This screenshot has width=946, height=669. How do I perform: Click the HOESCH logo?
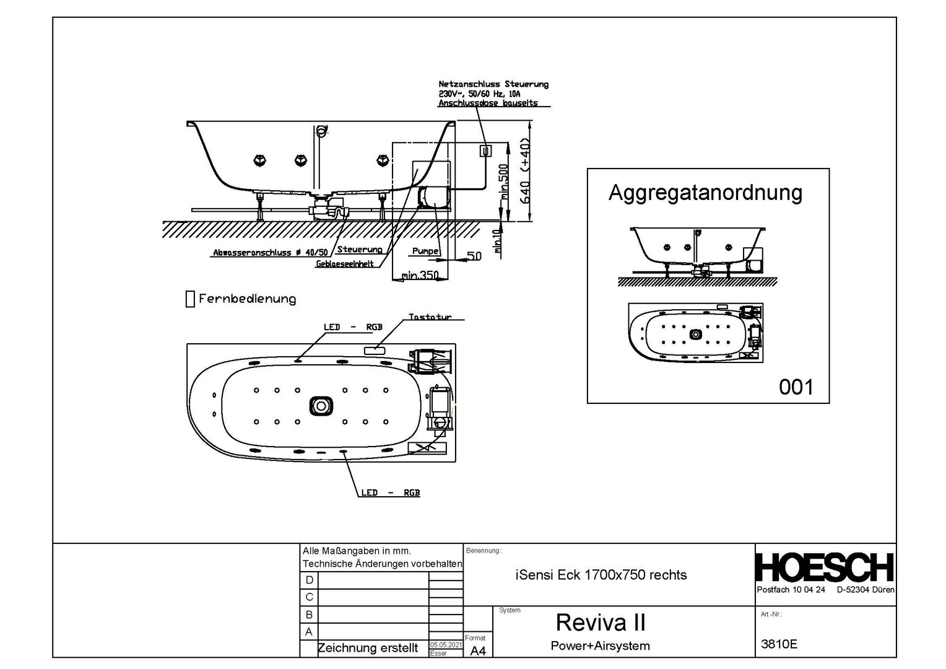click(825, 567)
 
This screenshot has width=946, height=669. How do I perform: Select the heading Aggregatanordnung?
click(705, 193)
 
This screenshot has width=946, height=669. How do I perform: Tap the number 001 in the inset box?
click(796, 387)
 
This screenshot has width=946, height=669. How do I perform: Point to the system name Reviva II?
click(601, 622)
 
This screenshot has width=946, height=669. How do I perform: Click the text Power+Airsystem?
click(600, 645)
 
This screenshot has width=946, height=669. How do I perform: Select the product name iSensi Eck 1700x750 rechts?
click(601, 575)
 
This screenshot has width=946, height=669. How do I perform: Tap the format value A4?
click(478, 650)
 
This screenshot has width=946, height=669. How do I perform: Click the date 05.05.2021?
click(446, 645)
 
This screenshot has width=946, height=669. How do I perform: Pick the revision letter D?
click(310, 580)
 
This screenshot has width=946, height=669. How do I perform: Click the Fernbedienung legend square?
click(190, 299)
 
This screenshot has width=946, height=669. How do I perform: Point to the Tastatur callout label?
click(430, 317)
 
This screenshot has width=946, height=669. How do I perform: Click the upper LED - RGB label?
click(353, 327)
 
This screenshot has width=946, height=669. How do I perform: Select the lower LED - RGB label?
click(390, 493)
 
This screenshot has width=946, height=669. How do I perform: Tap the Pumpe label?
click(425, 251)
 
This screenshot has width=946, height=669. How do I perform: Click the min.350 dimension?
click(419, 275)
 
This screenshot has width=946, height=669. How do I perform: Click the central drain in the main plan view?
click(321, 406)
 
